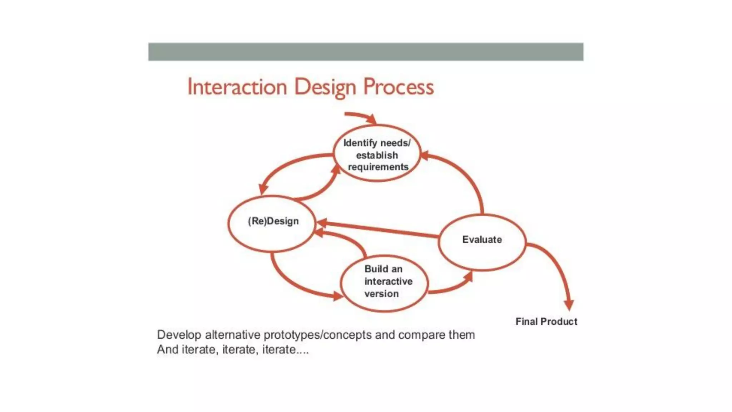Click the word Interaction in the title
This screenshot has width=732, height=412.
click(x=237, y=87)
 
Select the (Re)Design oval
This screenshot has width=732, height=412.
click(x=272, y=223)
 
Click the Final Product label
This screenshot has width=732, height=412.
click(x=546, y=322)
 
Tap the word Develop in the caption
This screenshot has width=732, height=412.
click(x=179, y=335)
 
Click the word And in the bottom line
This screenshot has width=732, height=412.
click(x=168, y=349)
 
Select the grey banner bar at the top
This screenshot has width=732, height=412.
click(x=366, y=52)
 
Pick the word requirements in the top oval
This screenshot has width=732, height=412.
click(x=378, y=167)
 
